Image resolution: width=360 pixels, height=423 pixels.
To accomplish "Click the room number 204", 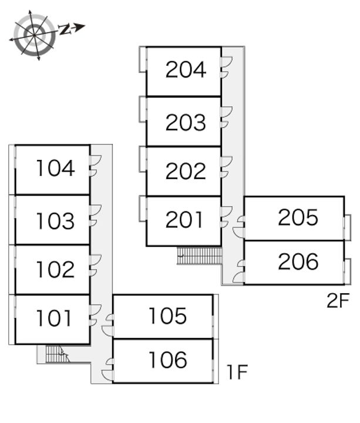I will point(186,70).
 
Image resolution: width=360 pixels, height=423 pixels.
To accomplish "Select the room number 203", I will point(186,122).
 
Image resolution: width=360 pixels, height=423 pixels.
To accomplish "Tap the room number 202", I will point(186,171).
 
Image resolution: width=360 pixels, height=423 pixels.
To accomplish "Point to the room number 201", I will point(184,220).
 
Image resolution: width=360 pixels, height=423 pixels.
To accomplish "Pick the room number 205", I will point(298,217).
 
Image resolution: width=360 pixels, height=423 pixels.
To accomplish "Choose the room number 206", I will point(298,261).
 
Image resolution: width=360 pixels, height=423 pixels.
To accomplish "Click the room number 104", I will point(55,169).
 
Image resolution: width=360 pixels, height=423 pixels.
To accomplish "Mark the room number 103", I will point(55,221).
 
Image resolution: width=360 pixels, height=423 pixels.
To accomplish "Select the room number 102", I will point(55,270).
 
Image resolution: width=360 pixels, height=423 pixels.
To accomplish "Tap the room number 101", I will point(54,318).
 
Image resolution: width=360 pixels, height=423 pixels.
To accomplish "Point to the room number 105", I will point(167,316).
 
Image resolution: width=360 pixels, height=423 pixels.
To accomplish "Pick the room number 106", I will point(167,360).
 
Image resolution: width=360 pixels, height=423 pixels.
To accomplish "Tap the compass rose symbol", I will point(35,35).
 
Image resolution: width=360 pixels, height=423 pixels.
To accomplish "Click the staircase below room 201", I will point(200,256).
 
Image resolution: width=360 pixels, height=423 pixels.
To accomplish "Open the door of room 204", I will point(226,66).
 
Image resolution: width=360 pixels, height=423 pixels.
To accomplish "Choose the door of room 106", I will point(107,374).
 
